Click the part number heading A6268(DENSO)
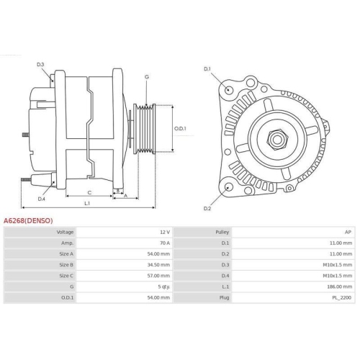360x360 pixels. tap(28, 220)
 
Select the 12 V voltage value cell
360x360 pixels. tap(165, 233)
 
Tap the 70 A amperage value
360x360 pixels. tap(165, 244)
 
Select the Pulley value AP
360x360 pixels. tap(348, 233)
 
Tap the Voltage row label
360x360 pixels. tap(65, 233)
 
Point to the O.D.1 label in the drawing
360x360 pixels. tap(180, 129)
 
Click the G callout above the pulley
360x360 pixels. tap(147, 77)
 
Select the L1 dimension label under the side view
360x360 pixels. tap(87, 204)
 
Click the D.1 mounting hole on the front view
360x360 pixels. tap(229, 90)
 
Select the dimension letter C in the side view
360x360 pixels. tap(89, 192)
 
